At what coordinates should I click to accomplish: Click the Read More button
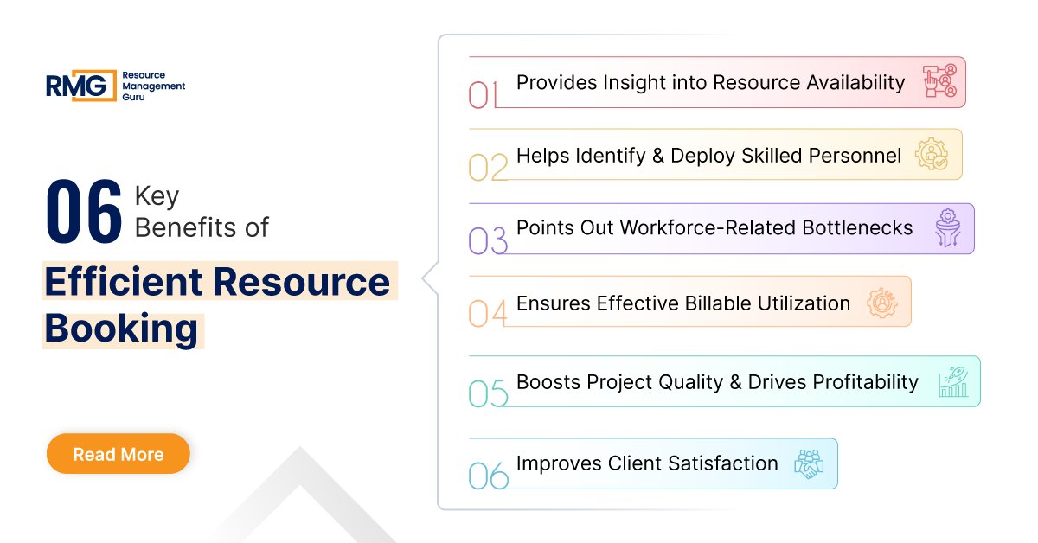118,454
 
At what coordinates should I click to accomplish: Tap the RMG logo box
80,86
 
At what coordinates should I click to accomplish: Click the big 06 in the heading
84,213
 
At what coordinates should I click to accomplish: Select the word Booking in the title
122,329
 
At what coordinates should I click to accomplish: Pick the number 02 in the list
488,167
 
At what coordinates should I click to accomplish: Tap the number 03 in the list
488,241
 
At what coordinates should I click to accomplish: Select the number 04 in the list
488,313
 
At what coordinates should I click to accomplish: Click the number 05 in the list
488,393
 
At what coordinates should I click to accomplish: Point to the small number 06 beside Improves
488,475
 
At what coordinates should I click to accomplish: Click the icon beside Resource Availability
940,81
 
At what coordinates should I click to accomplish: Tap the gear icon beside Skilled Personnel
932,154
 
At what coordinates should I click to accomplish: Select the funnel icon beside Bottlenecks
949,228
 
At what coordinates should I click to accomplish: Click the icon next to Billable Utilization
883,302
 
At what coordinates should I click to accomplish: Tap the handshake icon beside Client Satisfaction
810,463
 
